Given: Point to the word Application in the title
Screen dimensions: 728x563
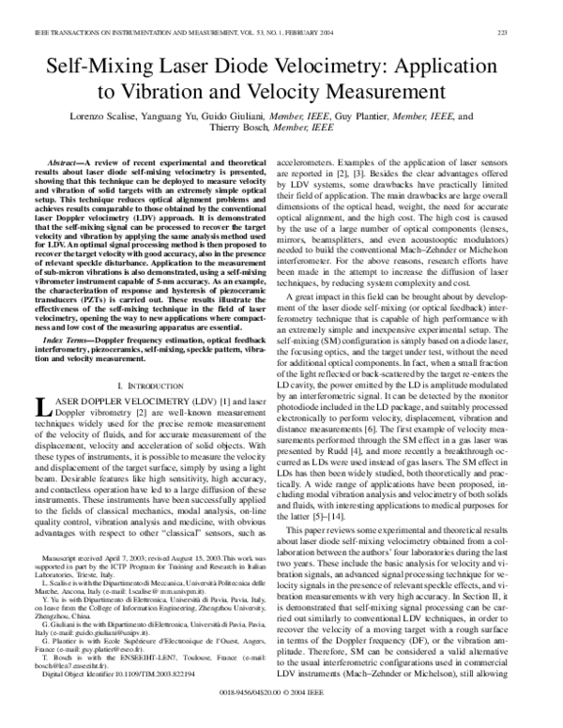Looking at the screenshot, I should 452,68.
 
